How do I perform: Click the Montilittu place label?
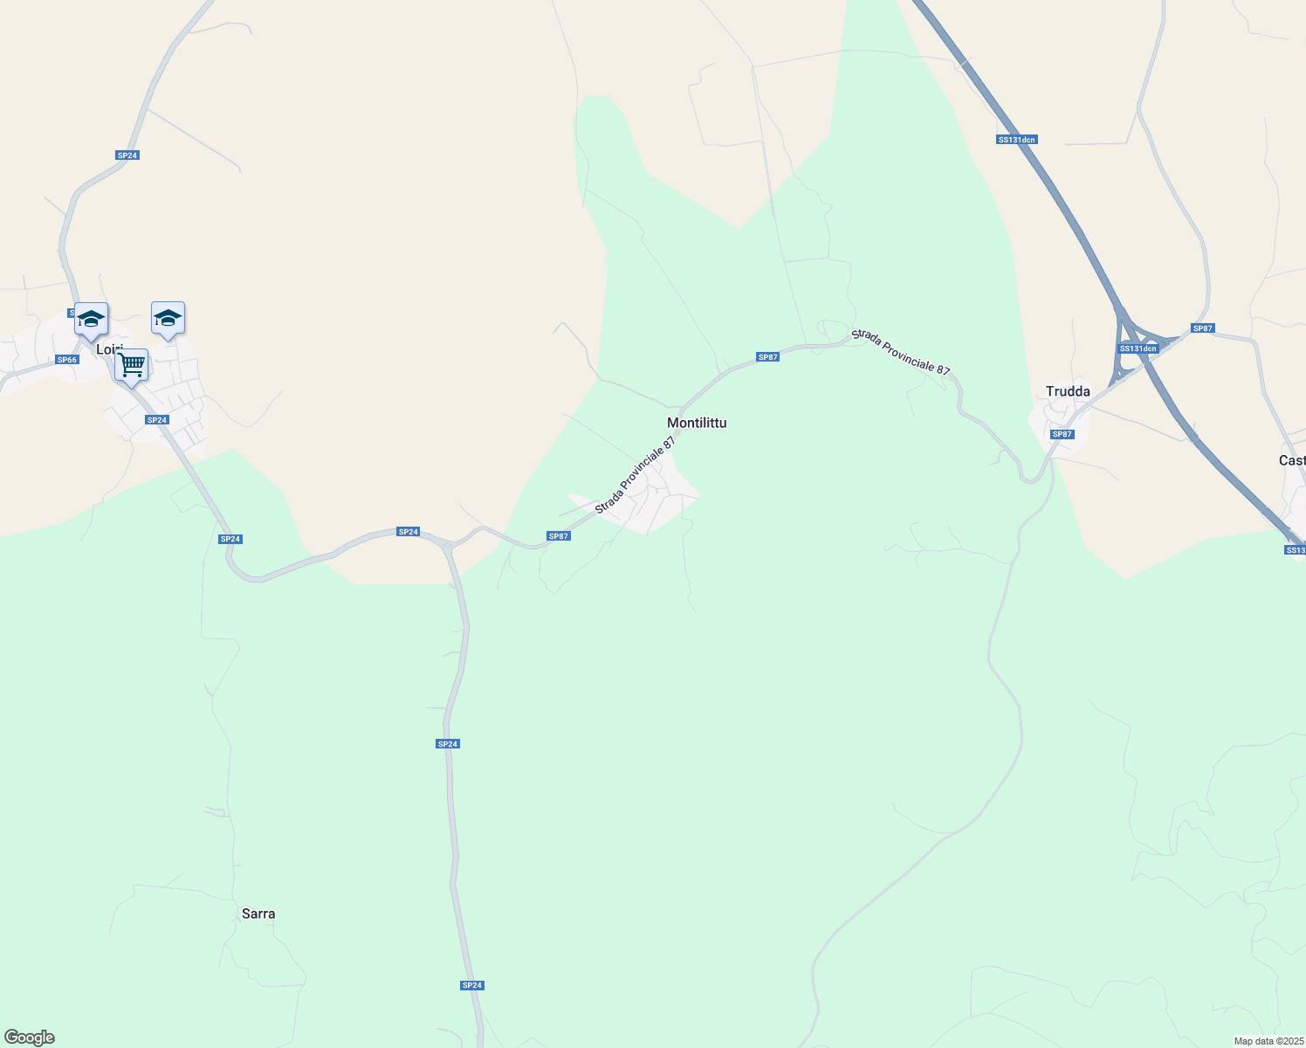pos(697,423)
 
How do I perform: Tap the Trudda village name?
pos(1068,391)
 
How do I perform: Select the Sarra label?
pos(258,914)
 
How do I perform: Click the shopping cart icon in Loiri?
pos(131,365)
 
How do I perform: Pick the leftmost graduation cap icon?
pos(91,319)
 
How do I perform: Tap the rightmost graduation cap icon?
pos(168,319)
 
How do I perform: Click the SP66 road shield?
pos(67,360)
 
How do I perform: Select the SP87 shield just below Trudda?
pos(1062,434)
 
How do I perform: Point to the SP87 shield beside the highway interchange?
pos(1203,328)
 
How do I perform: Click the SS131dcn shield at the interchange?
pos(1138,348)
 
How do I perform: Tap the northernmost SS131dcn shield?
pos(1016,140)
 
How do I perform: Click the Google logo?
pos(30,1038)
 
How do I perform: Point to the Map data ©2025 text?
pos(1268,1041)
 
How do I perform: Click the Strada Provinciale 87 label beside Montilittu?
pos(636,476)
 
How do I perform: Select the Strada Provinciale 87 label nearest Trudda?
pos(901,352)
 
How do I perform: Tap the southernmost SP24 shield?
pos(472,985)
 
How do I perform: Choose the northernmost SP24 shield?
pos(127,155)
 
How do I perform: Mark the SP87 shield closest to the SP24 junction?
pos(559,536)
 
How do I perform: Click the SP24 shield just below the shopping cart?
pos(157,420)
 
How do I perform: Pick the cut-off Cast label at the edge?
pos(1292,460)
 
